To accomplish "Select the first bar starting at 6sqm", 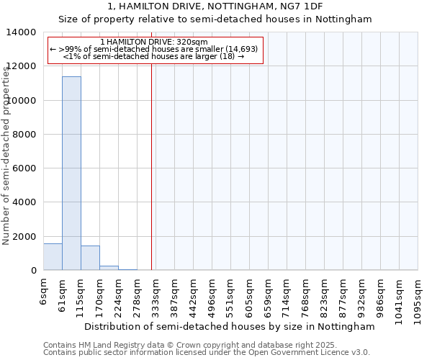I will [x=53, y=257].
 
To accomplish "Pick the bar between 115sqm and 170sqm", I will [x=90, y=258].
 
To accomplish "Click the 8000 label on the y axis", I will [x=25, y=135].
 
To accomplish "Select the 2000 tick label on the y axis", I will [x=25, y=237].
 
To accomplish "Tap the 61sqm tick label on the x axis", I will [x=63, y=292].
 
